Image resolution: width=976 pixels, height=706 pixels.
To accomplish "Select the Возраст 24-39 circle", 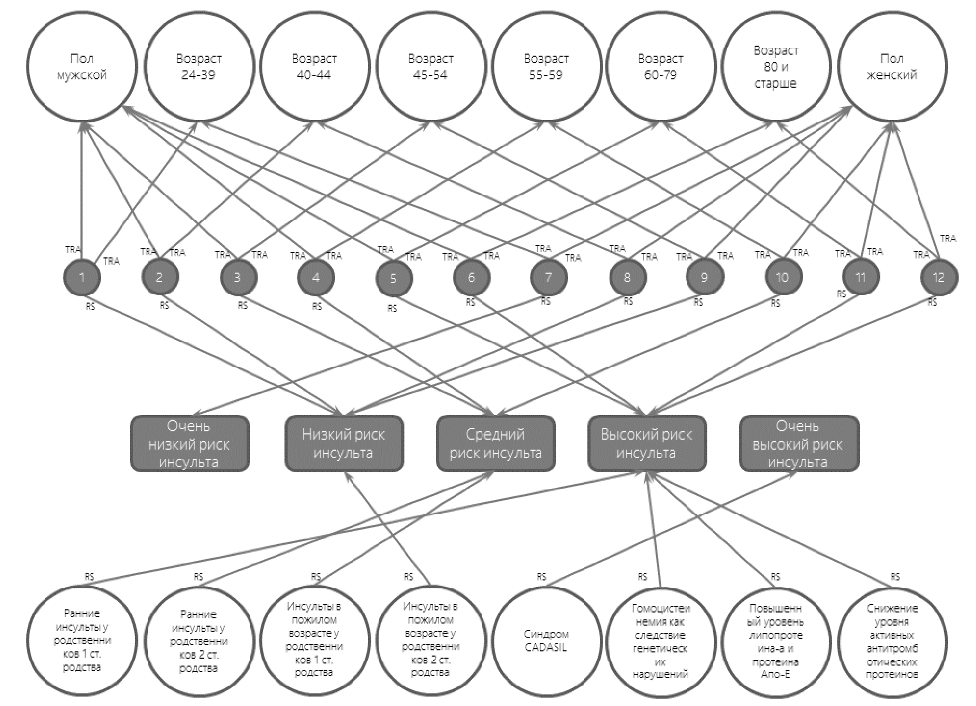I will tap(198, 67).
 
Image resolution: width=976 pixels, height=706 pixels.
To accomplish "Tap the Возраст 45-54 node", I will tap(431, 67).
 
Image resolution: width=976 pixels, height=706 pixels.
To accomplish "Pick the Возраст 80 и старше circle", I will tap(776, 67).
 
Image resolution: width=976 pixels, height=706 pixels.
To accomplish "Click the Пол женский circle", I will tap(891, 67).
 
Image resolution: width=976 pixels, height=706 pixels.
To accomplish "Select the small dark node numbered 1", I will tap(82, 278).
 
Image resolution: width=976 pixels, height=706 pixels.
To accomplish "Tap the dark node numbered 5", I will tap(393, 278).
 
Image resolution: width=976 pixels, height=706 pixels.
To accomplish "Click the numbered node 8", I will tap(627, 278).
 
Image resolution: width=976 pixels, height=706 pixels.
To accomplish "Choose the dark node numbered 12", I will tap(939, 277).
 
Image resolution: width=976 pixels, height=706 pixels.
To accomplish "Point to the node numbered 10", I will tap(782, 277).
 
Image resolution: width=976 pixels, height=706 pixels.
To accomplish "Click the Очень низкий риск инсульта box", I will tap(189, 444).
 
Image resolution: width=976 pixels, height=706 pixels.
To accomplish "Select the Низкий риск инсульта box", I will tap(344, 444).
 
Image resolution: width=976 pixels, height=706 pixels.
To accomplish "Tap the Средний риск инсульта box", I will tap(495, 444).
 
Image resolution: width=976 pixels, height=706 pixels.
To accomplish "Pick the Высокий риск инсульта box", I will tap(646, 444).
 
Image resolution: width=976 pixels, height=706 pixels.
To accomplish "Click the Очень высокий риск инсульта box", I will tap(798, 444).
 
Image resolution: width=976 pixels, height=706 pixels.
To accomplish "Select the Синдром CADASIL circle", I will tap(546, 641).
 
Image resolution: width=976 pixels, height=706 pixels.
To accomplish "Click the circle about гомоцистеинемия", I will tap(660, 641).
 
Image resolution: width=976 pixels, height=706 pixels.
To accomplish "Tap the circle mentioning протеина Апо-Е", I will tap(776, 641).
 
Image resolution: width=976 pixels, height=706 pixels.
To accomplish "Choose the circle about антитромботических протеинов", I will tap(892, 641).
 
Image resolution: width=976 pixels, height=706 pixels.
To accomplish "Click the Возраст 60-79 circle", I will tap(660, 67).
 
